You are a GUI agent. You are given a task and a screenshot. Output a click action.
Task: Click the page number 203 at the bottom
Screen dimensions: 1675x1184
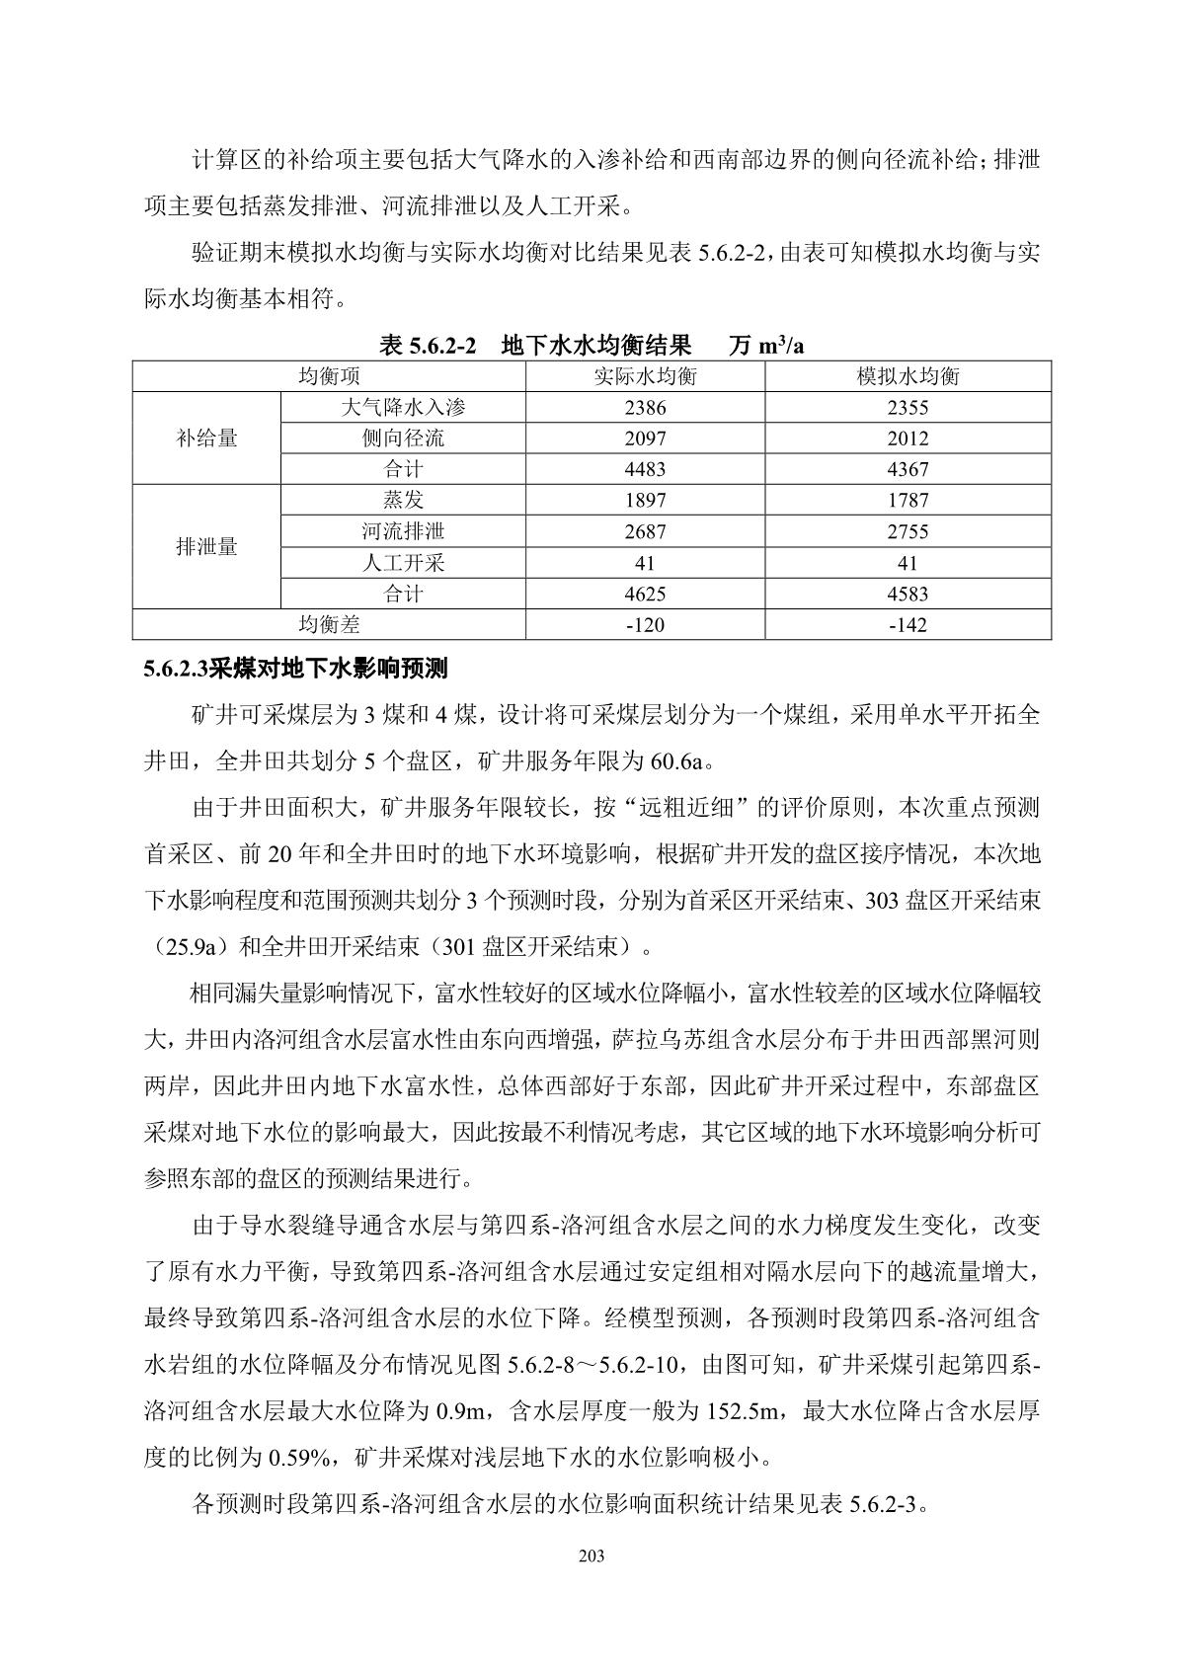pyautogui.click(x=592, y=1556)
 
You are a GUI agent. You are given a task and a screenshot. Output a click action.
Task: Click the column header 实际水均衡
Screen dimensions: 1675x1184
pyautogui.click(x=645, y=376)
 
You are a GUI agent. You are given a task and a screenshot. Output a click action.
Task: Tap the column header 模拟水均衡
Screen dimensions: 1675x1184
pyautogui.click(x=908, y=376)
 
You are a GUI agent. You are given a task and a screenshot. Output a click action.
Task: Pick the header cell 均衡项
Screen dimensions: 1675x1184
pyautogui.click(x=330, y=376)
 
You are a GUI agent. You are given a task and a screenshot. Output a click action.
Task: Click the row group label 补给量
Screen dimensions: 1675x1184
pyautogui.click(x=207, y=438)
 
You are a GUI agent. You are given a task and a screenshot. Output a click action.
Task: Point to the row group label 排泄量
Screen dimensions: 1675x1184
pyautogui.click(x=207, y=546)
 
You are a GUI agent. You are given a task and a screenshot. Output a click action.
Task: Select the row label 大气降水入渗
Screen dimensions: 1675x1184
pyautogui.click(x=403, y=407)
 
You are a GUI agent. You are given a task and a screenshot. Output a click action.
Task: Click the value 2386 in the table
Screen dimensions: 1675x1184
pyautogui.click(x=645, y=407)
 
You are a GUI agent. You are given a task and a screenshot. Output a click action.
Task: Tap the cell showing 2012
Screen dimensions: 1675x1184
pyautogui.click(x=908, y=439)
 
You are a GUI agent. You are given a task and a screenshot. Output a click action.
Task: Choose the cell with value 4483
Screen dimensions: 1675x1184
pyautogui.click(x=645, y=469)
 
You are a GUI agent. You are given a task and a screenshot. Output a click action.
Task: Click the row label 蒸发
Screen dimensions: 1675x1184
pyautogui.click(x=403, y=500)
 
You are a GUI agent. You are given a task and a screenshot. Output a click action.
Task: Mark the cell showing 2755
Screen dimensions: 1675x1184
pyautogui.click(x=908, y=531)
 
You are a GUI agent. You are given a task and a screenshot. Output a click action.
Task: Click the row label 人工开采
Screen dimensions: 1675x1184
pyautogui.click(x=403, y=563)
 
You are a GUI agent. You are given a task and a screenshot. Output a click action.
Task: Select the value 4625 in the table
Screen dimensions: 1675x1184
pyautogui.click(x=645, y=594)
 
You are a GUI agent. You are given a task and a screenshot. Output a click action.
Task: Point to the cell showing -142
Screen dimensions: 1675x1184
pyautogui.click(x=908, y=624)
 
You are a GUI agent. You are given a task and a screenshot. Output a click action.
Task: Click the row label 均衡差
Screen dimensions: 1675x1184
pyautogui.click(x=330, y=624)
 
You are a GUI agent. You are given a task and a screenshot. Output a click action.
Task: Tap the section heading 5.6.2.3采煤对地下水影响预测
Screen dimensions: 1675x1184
pyautogui.click(x=295, y=669)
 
